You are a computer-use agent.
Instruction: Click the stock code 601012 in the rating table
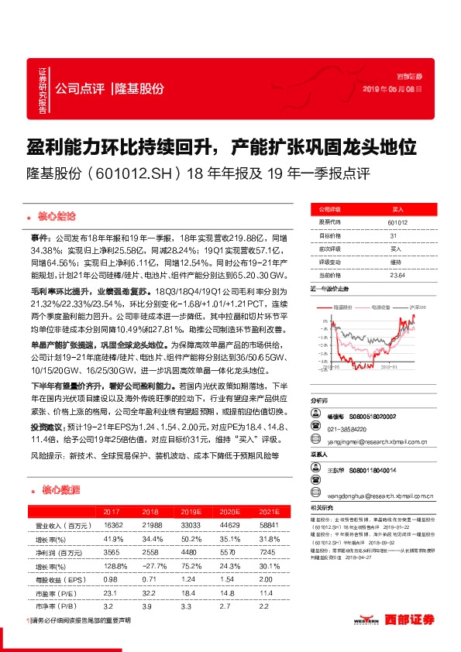click(x=397, y=221)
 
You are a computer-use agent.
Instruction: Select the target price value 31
click(x=394, y=235)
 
